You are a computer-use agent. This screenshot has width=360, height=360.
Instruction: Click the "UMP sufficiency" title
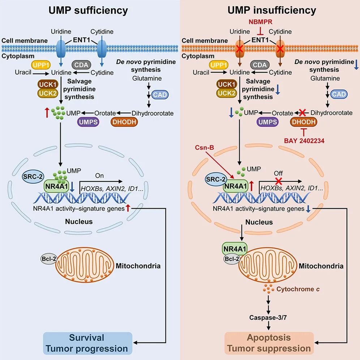pos(88,10)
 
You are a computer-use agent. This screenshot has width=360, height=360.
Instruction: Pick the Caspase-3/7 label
pos(269,318)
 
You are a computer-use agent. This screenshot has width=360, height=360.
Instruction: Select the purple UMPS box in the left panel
pos(89,123)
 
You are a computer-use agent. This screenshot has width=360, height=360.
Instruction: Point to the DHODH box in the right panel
pos(304,123)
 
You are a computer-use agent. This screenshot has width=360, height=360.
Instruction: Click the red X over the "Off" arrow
pos(279,180)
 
